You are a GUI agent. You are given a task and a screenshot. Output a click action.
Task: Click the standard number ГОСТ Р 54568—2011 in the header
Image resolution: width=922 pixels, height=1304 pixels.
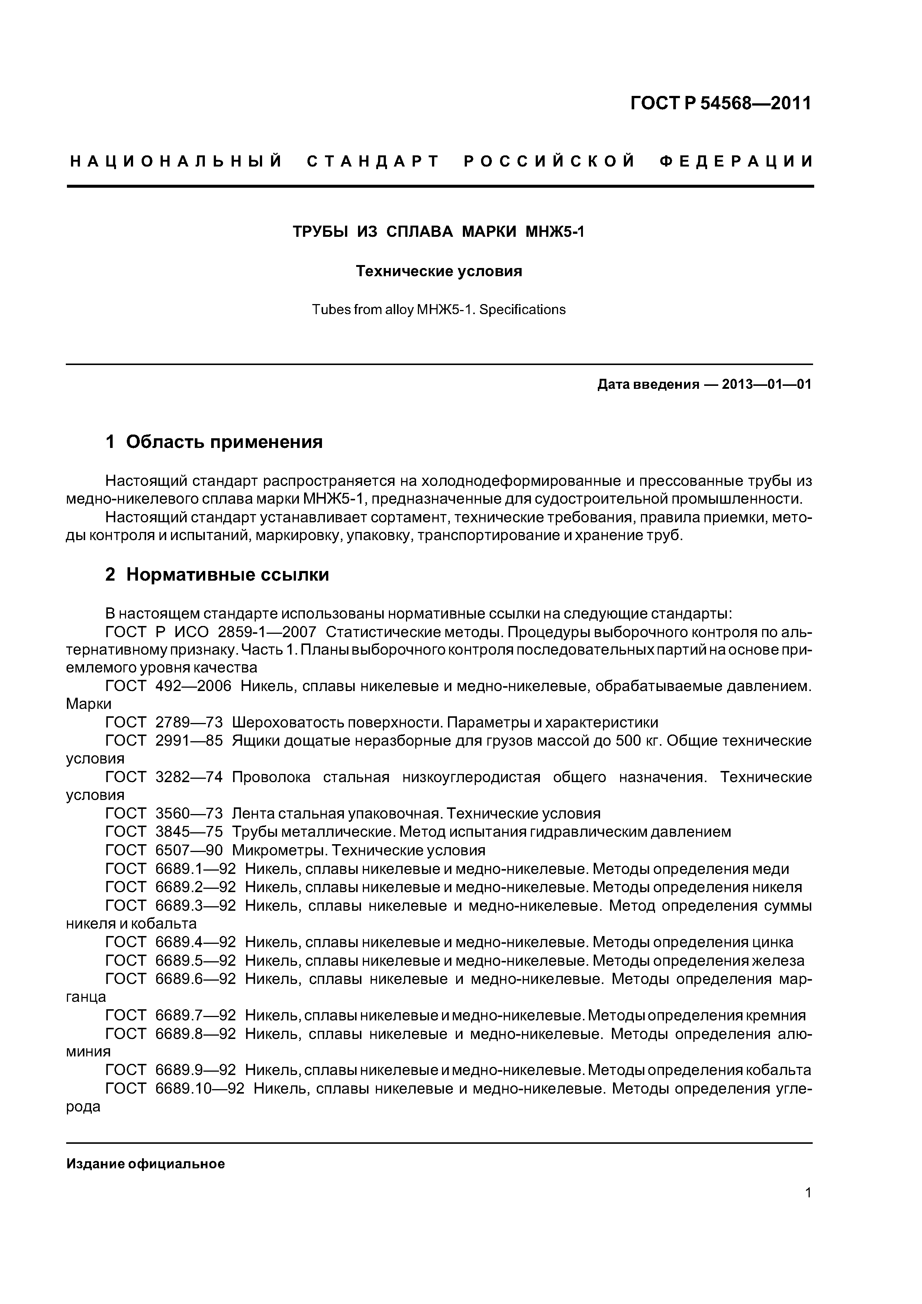720,103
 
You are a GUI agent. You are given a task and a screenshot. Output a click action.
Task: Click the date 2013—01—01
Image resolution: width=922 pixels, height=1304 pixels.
766,384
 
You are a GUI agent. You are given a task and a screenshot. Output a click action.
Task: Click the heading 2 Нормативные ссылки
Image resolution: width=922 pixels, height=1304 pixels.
217,575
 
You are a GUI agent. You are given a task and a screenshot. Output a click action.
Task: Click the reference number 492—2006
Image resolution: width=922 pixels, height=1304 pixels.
193,686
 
